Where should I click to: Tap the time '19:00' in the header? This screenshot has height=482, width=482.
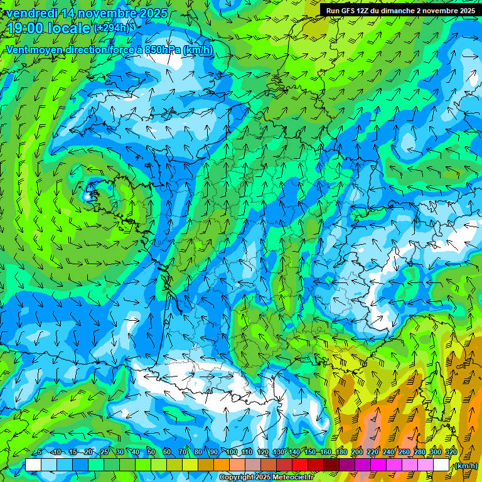(x=26, y=28)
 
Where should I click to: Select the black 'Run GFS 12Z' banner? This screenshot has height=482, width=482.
(x=400, y=11)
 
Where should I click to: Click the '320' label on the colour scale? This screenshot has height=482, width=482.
(x=450, y=452)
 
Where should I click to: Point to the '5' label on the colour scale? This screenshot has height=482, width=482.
(x=39, y=452)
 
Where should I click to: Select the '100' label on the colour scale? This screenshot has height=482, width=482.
(x=232, y=452)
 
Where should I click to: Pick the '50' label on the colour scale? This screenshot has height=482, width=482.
(x=151, y=452)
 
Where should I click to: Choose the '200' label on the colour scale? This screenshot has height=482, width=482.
(x=356, y=452)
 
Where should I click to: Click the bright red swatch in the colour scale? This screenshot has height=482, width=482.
(x=300, y=465)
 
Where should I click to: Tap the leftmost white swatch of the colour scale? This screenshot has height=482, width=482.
(x=33, y=465)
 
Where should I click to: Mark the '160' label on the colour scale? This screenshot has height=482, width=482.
(x=325, y=452)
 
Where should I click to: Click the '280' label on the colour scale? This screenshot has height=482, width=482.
(x=419, y=452)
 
